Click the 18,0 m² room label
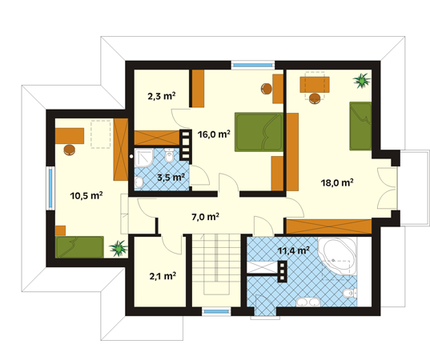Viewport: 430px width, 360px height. point(337,182)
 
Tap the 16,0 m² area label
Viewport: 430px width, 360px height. point(214,134)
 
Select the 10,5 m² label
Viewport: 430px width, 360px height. point(86,196)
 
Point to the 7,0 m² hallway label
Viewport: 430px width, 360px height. point(206,217)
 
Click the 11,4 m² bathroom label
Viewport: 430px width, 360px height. point(294,250)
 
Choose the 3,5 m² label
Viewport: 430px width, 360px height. point(171,178)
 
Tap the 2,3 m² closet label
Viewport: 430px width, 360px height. point(162,97)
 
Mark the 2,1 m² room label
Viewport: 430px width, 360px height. point(163,276)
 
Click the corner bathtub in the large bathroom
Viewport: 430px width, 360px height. point(338,256)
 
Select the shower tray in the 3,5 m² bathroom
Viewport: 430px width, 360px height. point(144,158)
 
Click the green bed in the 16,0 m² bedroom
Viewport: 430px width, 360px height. point(259,132)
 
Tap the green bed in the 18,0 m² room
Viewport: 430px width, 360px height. point(360,126)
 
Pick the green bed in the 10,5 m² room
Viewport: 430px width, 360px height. point(79,247)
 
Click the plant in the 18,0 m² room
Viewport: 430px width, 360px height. point(362,81)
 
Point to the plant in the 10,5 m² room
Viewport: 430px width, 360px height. point(119,248)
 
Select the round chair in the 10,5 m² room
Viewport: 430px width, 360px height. point(70,150)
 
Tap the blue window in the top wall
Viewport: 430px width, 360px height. point(253,66)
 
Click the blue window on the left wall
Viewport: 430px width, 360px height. point(50,188)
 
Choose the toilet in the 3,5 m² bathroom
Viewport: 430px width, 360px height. point(169,156)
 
